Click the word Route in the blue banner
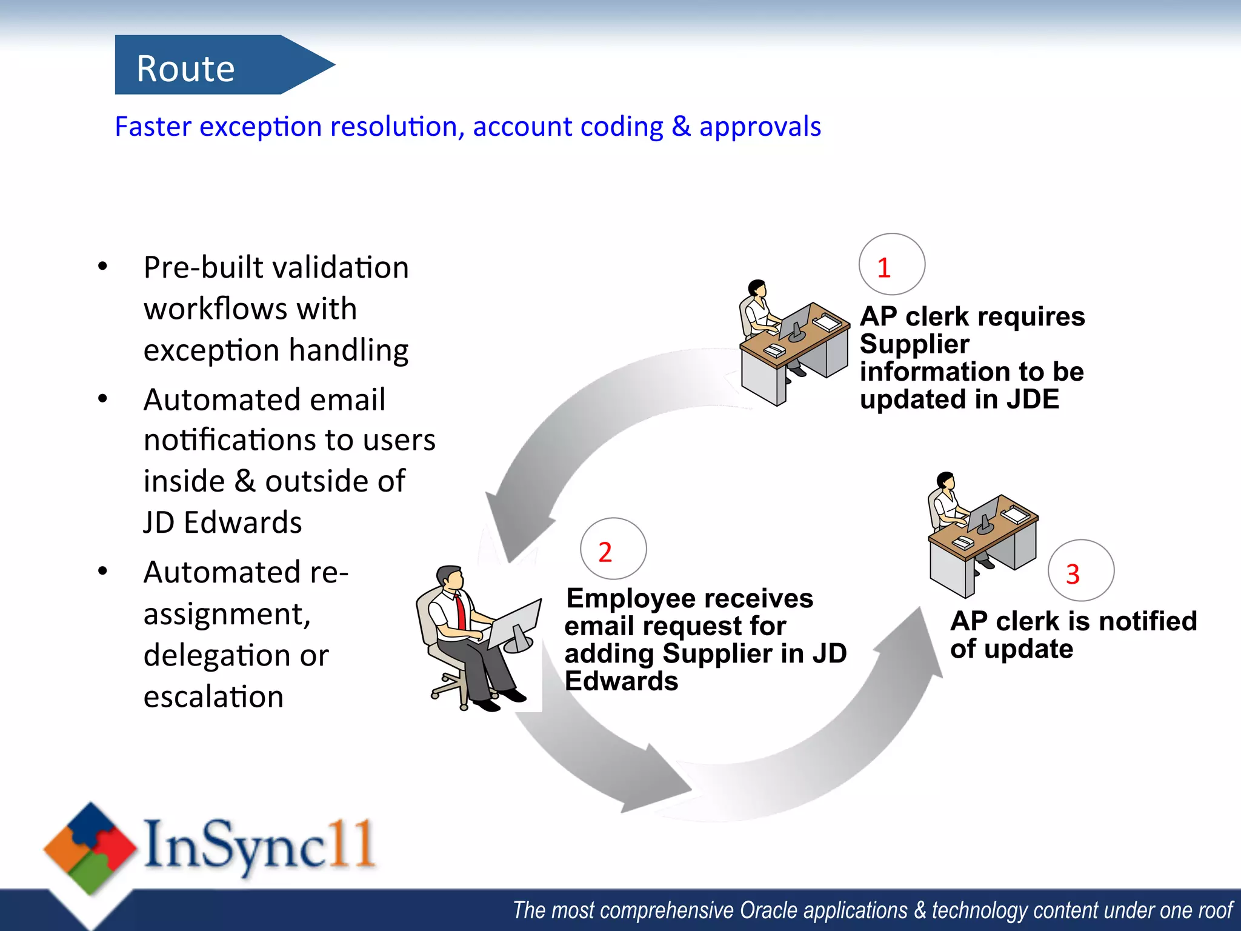coord(185,68)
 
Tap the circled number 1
coord(891,265)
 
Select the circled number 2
coord(613,549)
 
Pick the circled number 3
coord(1080,571)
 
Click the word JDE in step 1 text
coord(1033,399)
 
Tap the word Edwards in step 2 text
coord(621,681)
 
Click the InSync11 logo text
coord(259,844)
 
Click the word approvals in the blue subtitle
coord(760,127)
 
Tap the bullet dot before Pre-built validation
coord(102,266)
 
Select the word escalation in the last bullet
coord(213,696)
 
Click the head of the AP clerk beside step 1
coord(757,288)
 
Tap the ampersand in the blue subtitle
coord(681,127)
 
